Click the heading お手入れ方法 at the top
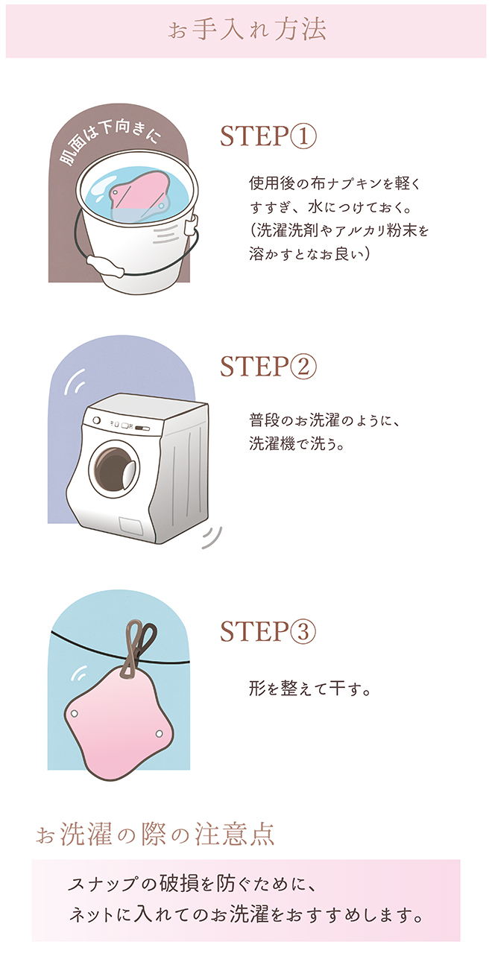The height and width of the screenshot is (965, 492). tap(247, 31)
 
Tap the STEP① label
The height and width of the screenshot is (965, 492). tap(268, 136)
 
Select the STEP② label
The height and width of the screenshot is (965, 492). tap(268, 366)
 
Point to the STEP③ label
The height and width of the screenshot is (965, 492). tap(268, 631)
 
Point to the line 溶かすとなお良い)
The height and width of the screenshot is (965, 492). tap(309, 254)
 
